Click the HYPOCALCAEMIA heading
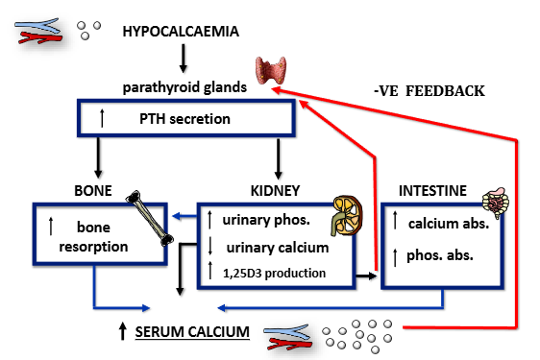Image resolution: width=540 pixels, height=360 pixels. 181,32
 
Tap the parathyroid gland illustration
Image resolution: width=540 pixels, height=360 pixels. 272,71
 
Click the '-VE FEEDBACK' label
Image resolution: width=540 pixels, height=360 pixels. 429,92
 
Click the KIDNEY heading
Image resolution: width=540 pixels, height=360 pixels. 279,191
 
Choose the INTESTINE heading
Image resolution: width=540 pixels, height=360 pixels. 433,191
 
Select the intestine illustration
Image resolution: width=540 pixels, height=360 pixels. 499,198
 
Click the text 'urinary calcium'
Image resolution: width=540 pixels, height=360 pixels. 270,248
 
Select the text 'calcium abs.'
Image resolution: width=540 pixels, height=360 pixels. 445,224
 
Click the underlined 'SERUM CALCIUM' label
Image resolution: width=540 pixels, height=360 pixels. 191,332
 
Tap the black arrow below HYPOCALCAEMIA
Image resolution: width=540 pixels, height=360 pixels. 182,60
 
